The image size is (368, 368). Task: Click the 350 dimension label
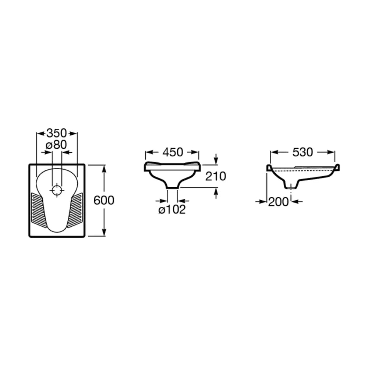57,133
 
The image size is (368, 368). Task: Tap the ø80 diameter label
56,145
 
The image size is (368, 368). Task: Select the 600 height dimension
104,200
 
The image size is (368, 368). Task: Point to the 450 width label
173,152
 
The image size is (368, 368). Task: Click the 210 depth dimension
216,176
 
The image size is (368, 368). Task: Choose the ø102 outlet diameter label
172,209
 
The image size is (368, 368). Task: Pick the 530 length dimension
302,152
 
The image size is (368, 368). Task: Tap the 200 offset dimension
278,202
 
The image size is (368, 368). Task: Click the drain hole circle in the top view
57,190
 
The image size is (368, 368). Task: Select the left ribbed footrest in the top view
38,210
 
